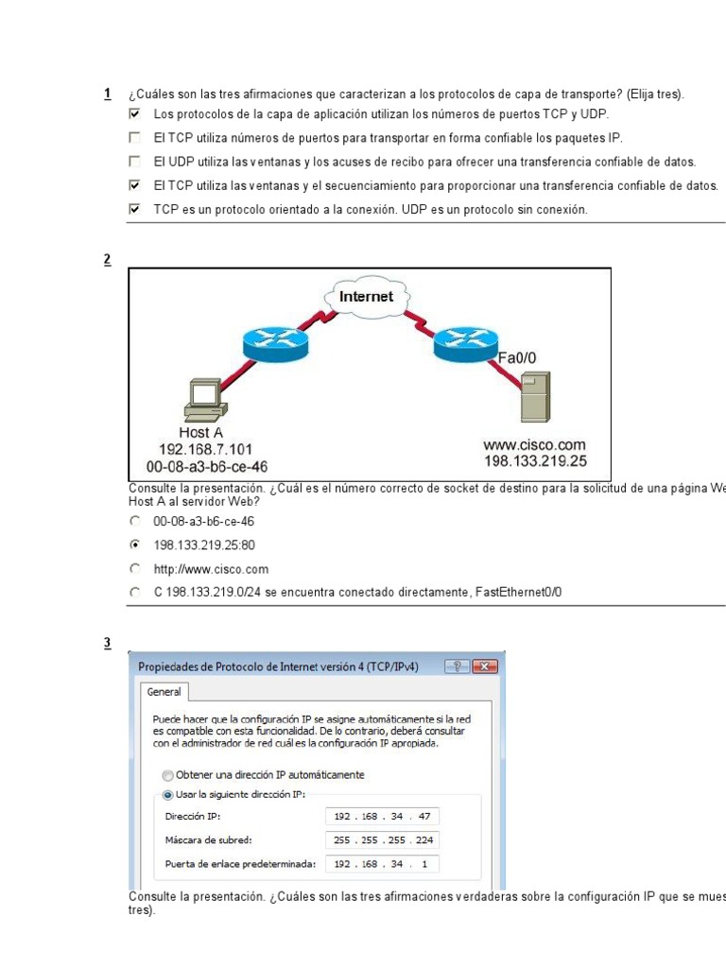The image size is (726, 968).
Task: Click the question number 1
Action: pyautogui.click(x=107, y=94)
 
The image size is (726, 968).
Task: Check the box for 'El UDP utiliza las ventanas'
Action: pyautogui.click(x=134, y=162)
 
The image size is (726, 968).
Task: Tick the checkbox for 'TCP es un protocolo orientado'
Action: pyautogui.click(x=134, y=210)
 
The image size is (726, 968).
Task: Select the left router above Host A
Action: pyautogui.click(x=275, y=343)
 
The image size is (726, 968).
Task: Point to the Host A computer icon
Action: pyautogui.click(x=205, y=401)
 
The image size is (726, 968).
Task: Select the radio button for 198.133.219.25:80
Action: pyautogui.click(x=135, y=545)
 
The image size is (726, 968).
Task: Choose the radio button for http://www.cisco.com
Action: pyautogui.click(x=135, y=569)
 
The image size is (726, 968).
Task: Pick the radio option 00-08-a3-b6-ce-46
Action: pyautogui.click(x=135, y=521)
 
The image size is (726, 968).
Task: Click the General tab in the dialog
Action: pyautogui.click(x=164, y=692)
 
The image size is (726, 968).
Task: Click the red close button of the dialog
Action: pyautogui.click(x=486, y=666)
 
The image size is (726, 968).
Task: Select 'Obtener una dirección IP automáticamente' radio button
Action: pyautogui.click(x=168, y=775)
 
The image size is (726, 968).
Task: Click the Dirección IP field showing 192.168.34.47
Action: pyautogui.click(x=383, y=817)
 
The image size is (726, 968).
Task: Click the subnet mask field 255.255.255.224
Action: pyautogui.click(x=383, y=840)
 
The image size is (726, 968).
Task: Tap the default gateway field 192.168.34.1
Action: pyautogui.click(x=383, y=864)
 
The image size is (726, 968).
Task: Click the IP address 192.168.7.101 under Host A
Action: pyautogui.click(x=207, y=450)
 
